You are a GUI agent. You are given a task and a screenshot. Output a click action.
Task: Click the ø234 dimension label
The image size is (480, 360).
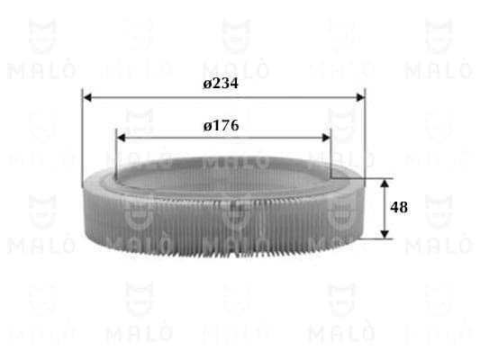[x=221, y=83]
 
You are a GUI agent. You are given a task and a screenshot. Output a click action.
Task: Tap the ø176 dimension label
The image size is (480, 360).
[x=221, y=126]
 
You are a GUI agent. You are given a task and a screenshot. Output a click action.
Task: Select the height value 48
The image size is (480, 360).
[x=399, y=207]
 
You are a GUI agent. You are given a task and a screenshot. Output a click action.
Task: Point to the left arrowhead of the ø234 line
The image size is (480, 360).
[x=87, y=97]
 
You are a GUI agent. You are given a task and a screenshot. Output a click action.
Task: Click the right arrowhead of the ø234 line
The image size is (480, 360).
[x=360, y=97]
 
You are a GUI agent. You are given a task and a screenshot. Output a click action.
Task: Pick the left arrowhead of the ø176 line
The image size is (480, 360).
[x=121, y=138]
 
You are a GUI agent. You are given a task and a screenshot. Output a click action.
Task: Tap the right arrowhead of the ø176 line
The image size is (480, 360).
[x=326, y=138]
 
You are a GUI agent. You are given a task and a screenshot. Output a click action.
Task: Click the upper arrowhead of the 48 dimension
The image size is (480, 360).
[x=385, y=184]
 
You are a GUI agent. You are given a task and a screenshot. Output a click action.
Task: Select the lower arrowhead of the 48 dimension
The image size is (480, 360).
[x=385, y=234]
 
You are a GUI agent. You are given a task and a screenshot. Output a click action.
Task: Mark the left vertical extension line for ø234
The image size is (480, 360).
[x=82, y=138]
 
